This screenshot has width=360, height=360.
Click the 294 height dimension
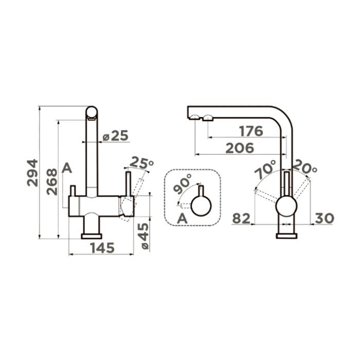[x=32, y=173]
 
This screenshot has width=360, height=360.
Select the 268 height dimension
[x=51, y=182]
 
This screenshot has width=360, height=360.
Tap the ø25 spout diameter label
[x=115, y=135]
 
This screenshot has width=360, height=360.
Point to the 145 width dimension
[x=102, y=248]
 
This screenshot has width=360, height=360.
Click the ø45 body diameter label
[x=145, y=236]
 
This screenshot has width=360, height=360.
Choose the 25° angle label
[x=141, y=163]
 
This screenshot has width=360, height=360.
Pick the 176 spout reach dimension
[x=251, y=131]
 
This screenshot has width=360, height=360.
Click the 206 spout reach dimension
[x=240, y=148]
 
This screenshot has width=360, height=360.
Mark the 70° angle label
[x=265, y=169]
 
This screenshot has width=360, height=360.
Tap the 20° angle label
[x=305, y=167]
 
